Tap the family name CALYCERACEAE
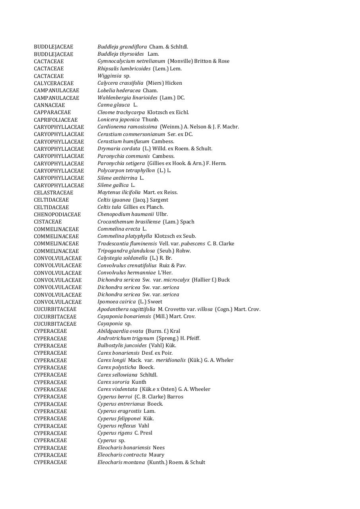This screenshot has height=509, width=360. [x=54, y=83]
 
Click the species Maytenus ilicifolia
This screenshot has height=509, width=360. [x=119, y=192]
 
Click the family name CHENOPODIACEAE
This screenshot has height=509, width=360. [x=57, y=214]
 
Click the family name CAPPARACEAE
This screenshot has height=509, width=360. [x=52, y=113]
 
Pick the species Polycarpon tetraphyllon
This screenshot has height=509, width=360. [x=126, y=171]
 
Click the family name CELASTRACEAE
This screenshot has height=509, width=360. [x=53, y=192]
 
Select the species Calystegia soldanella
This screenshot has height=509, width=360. [x=122, y=258]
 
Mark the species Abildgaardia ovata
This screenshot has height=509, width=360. [x=120, y=331]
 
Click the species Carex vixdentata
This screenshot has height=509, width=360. [x=117, y=389]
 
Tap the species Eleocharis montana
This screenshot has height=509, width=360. [x=121, y=462]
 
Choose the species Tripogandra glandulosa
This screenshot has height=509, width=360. [x=126, y=251]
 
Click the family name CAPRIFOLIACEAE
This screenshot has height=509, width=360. [x=56, y=120]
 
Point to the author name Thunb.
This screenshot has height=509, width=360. [x=150, y=120]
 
